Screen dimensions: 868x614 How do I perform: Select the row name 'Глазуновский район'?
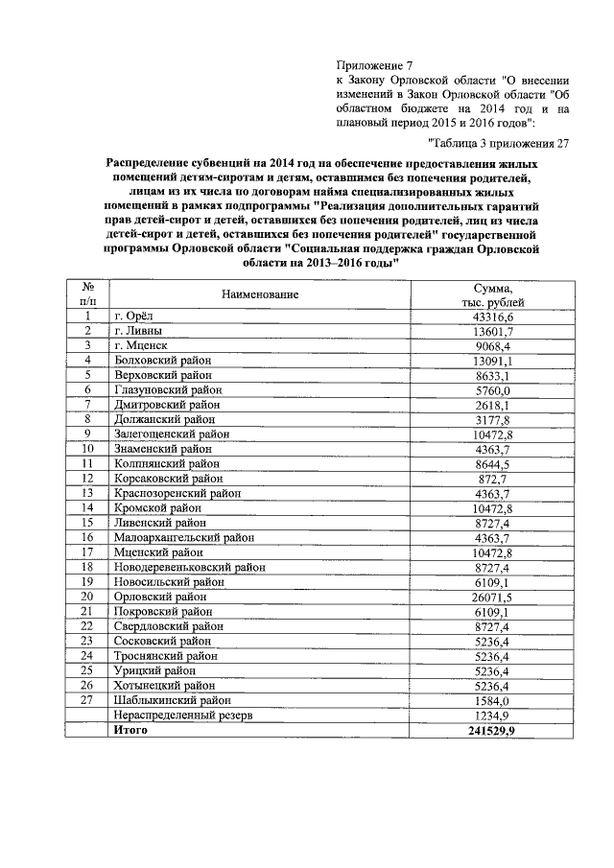168,390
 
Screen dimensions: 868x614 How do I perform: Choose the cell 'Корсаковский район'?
167,478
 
